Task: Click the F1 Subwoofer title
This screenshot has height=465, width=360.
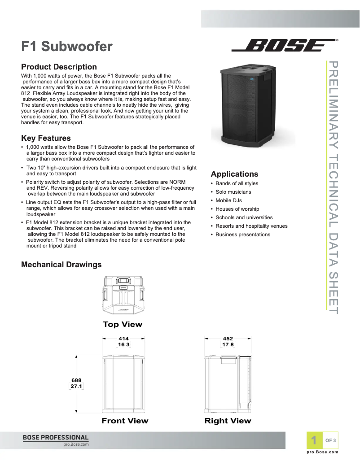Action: tap(67, 46)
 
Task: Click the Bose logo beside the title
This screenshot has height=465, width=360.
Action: tap(284, 46)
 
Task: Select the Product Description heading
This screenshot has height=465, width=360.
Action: tap(59, 67)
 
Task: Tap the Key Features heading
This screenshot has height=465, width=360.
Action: tap(46, 138)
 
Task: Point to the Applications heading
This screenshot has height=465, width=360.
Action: tap(234, 174)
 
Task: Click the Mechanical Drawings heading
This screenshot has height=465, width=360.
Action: tap(61, 265)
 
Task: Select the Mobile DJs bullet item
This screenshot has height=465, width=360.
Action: tap(228, 200)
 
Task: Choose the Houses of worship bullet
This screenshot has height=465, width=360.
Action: tap(237, 209)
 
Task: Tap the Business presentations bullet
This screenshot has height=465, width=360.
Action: tap(243, 235)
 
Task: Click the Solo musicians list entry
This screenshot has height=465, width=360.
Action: tap(233, 192)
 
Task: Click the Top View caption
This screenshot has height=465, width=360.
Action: tap(123, 324)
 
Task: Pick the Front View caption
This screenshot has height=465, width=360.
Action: tap(125, 421)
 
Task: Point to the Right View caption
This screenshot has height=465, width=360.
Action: tap(228, 421)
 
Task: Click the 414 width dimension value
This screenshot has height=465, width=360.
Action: tap(123, 339)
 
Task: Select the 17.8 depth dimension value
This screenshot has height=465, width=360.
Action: tap(228, 345)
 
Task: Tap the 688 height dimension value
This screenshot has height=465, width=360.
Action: tap(76, 380)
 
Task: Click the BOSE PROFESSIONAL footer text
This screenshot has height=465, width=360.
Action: tap(56, 437)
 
